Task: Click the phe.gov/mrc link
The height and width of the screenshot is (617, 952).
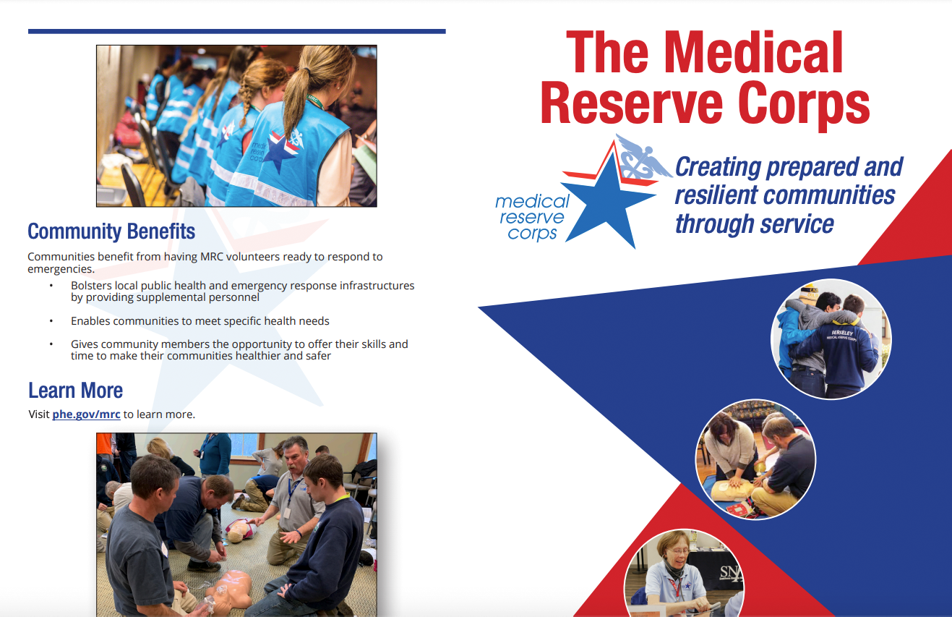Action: (x=86, y=414)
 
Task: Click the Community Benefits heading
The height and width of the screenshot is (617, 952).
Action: (x=111, y=231)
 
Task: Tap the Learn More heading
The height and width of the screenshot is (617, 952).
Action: (x=75, y=391)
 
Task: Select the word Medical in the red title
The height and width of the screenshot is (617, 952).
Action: (x=753, y=54)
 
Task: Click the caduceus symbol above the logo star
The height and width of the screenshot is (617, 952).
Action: (x=640, y=158)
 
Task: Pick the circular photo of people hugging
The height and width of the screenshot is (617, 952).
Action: (x=831, y=339)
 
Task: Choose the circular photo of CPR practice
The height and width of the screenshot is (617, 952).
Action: (x=755, y=459)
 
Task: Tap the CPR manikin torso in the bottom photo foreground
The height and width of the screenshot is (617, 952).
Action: (x=230, y=590)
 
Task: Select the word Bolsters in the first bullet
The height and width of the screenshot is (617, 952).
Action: (x=90, y=286)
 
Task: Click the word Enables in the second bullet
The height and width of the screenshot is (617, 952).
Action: (x=90, y=320)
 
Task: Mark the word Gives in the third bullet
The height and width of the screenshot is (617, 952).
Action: (x=84, y=344)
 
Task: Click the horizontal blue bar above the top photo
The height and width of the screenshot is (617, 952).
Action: (x=236, y=32)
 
